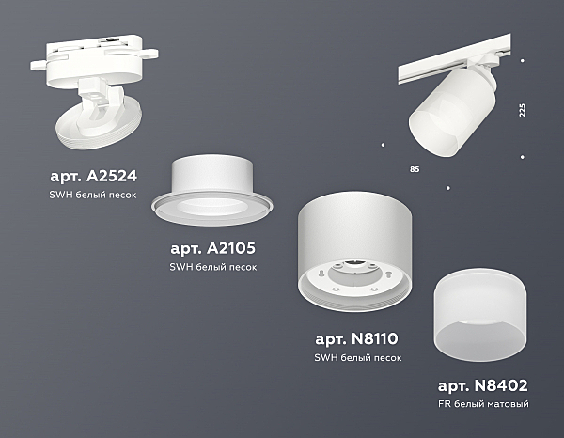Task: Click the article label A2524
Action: [93, 176]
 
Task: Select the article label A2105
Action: [213, 248]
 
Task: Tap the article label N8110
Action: [356, 338]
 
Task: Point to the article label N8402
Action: [483, 385]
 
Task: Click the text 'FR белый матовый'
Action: [483, 404]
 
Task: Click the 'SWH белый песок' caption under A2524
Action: [93, 195]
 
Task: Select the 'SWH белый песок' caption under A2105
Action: [213, 267]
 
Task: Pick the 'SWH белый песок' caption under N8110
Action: [358, 358]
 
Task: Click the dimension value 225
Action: [523, 110]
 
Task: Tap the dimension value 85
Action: [415, 169]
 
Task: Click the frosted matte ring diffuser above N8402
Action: [480, 311]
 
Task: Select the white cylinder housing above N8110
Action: [354, 251]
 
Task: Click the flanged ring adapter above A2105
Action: [212, 191]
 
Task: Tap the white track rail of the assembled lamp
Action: [454, 59]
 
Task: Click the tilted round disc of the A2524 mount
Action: [99, 124]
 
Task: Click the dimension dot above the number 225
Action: [523, 61]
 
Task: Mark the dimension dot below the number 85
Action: [447, 188]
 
